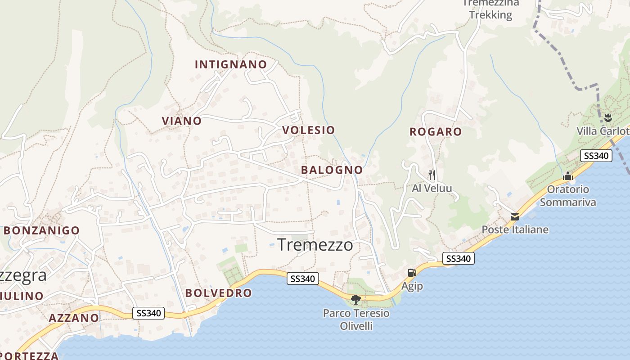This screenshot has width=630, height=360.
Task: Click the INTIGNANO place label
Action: (231, 64)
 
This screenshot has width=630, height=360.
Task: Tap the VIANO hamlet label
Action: (182, 121)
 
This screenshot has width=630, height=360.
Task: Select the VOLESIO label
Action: (309, 130)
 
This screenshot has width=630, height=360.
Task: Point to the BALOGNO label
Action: (332, 170)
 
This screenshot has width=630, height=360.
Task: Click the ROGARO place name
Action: (436, 131)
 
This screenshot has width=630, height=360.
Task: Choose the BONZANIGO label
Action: (42, 230)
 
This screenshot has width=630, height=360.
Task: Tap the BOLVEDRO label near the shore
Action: (219, 292)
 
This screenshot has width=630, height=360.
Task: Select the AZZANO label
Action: (74, 318)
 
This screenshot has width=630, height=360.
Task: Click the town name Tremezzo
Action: (315, 245)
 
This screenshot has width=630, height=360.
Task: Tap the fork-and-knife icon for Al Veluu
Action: (432, 175)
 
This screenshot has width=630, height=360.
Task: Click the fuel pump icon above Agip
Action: (411, 272)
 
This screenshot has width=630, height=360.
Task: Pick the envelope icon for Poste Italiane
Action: (515, 217)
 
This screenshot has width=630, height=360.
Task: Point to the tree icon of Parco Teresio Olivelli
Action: (356, 299)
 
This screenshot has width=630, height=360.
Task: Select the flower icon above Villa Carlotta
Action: (608, 118)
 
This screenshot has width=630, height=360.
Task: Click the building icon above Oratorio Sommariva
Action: (568, 176)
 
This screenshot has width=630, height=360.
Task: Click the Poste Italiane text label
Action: (515, 229)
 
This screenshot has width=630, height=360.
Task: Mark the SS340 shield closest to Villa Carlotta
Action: (596, 156)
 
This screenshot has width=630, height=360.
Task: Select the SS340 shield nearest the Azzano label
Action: (148, 313)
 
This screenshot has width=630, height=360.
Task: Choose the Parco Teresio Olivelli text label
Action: (356, 319)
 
